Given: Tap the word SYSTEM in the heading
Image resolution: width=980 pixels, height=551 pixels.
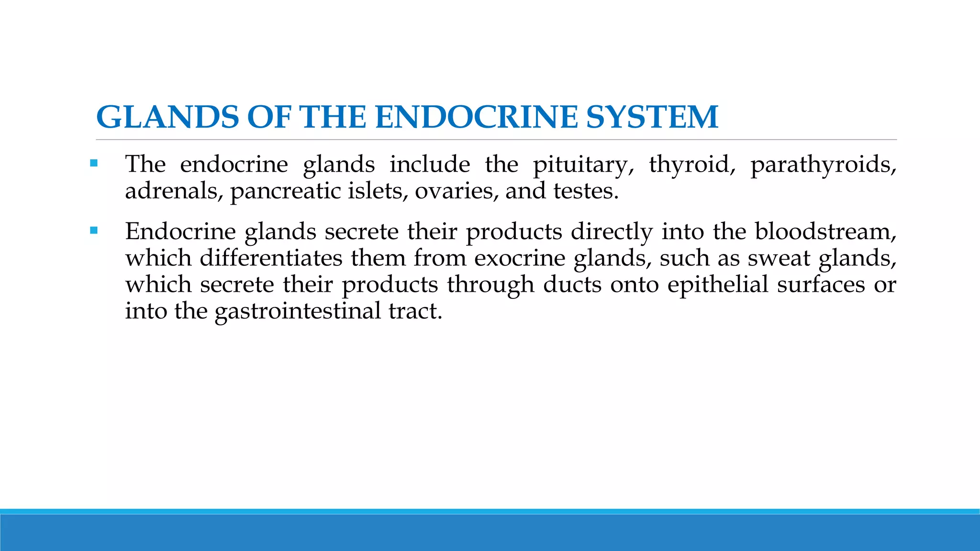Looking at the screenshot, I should [x=652, y=117].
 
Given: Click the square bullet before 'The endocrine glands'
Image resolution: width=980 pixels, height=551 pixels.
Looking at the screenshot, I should [x=94, y=164].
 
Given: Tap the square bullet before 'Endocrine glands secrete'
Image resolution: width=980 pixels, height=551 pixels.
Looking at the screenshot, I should [x=94, y=231].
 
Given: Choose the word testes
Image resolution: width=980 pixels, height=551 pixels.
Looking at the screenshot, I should [x=586, y=191].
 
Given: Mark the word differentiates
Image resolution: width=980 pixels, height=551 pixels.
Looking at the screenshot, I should [x=271, y=258].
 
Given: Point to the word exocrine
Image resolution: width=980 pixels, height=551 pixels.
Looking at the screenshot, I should [x=520, y=258].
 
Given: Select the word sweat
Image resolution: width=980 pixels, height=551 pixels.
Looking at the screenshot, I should [x=779, y=258].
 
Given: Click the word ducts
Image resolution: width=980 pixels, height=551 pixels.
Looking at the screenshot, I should [x=572, y=285].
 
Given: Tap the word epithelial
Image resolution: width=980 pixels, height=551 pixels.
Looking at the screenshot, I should [x=718, y=286].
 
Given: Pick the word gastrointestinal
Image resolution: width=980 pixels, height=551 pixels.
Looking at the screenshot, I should [x=297, y=312].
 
